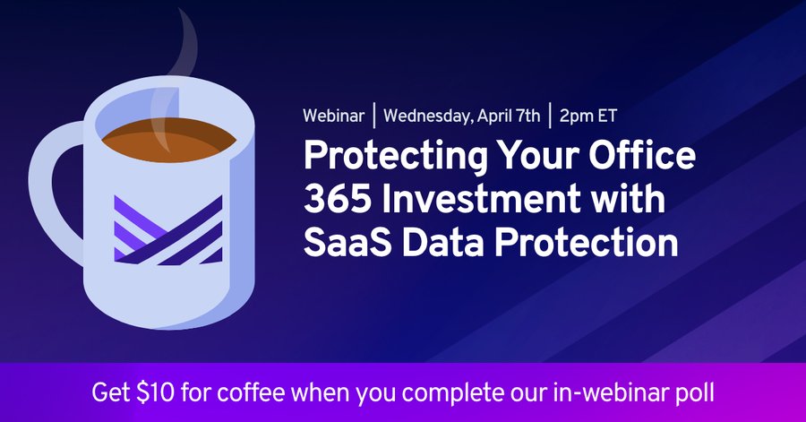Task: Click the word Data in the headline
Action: tap(440, 242)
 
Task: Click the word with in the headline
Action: tap(630, 199)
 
